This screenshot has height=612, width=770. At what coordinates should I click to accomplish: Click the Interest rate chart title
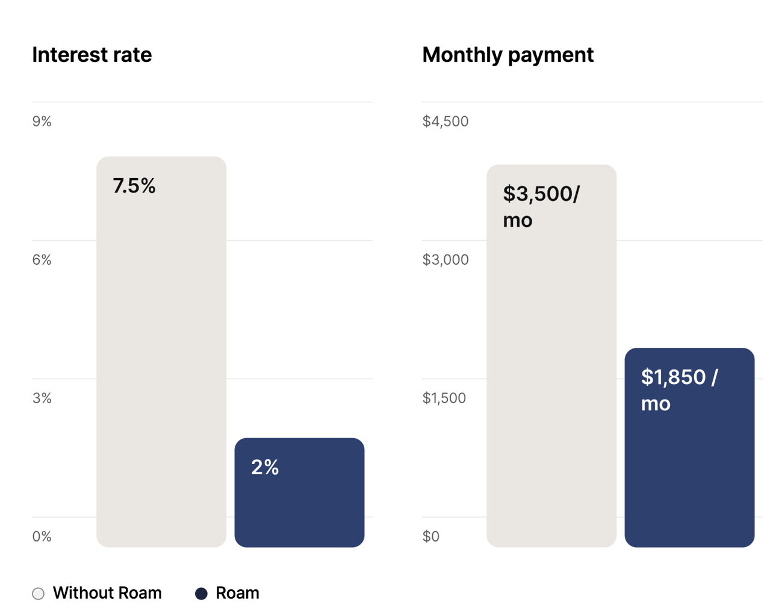[x=92, y=55]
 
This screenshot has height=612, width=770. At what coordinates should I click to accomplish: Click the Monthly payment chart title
[x=508, y=55]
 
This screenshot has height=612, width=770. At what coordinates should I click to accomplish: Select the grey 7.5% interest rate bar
[x=161, y=361]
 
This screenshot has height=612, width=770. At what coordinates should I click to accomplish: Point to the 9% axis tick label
[x=42, y=122]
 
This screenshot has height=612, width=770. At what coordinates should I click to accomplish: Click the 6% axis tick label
[x=42, y=260]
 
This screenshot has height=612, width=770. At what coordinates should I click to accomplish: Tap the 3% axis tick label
[x=42, y=398]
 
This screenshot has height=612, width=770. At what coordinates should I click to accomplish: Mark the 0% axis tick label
[x=42, y=537]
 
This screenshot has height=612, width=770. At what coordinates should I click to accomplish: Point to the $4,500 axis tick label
[x=445, y=122]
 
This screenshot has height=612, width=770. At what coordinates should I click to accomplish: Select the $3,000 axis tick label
[x=445, y=260]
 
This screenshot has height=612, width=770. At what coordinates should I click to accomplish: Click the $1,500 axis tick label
[x=444, y=398]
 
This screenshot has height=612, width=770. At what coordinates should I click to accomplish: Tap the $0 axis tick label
[x=430, y=537]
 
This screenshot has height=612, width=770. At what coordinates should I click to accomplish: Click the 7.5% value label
[x=134, y=186]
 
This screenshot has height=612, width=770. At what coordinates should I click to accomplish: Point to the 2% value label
[x=265, y=468]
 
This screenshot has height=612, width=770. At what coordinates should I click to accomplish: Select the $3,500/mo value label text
[x=541, y=206]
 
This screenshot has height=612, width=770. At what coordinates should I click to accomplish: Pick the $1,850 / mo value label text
[x=678, y=390]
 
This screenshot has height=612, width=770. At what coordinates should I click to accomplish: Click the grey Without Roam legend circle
[x=38, y=594]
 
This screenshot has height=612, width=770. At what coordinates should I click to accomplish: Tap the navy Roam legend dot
[x=201, y=594]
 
